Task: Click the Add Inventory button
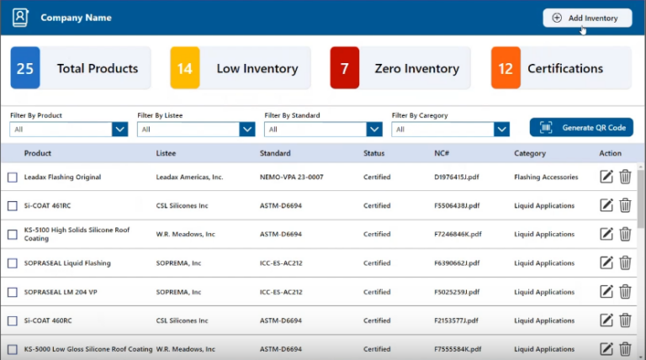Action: click(x=586, y=18)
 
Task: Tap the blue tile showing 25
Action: click(x=25, y=68)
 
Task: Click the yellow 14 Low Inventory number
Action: click(x=185, y=68)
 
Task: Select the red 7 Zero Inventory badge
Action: click(x=345, y=68)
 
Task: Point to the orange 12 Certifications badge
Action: click(x=506, y=68)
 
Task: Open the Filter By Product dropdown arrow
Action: click(x=119, y=129)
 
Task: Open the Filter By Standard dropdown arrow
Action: click(x=374, y=129)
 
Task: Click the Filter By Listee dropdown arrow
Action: click(x=246, y=129)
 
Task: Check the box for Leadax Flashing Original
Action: click(x=13, y=177)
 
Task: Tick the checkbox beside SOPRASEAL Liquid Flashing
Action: click(x=13, y=263)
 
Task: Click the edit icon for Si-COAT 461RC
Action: click(x=606, y=206)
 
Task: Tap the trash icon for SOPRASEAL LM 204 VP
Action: click(x=625, y=292)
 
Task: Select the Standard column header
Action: click(x=275, y=153)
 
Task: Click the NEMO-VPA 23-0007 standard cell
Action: click(x=291, y=177)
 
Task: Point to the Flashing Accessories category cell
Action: click(x=546, y=177)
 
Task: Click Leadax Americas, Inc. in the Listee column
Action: click(x=189, y=177)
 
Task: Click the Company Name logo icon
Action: click(x=20, y=17)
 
